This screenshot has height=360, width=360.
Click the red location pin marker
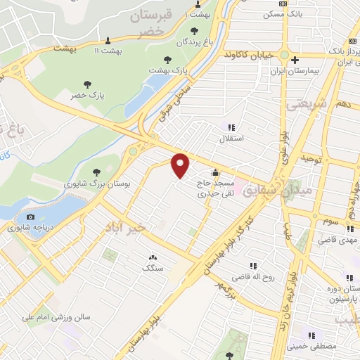181,165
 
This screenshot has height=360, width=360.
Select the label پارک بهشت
170,71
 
